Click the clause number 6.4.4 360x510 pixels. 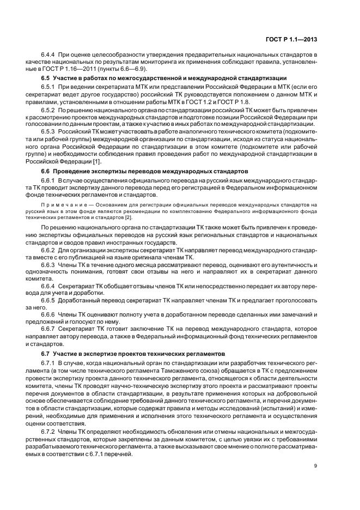pyautogui.click(x=50, y=56)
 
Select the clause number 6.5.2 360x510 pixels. pyautogui.click(x=50, y=110)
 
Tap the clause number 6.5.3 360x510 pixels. pyautogui.click(x=50, y=132)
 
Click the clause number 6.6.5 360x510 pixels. pyautogui.click(x=50, y=300)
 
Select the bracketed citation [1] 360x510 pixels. pyautogui.click(x=96, y=161)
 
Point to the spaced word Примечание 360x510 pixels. pyautogui.click(x=64, y=204)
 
